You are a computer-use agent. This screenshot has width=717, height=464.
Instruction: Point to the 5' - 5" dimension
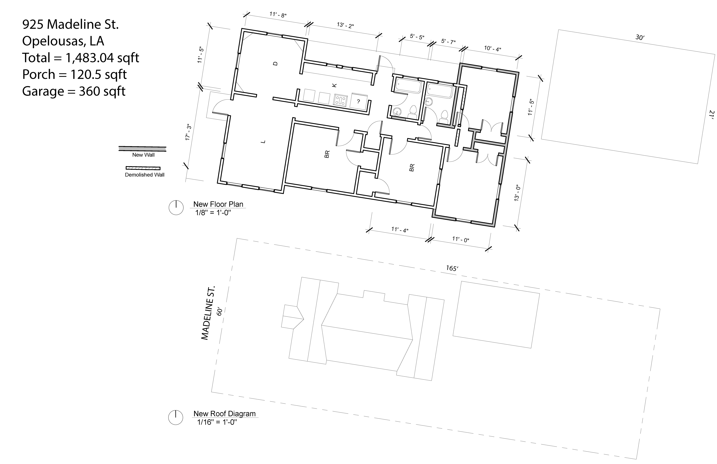point(417,37)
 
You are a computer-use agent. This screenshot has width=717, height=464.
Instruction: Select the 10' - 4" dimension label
point(493,49)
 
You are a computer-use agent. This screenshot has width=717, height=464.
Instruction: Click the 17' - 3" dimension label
point(188,132)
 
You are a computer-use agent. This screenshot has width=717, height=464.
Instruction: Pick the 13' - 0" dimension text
point(517,193)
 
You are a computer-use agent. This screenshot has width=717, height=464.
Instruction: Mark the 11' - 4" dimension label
point(400,230)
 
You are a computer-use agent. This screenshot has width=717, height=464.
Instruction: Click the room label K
point(334,85)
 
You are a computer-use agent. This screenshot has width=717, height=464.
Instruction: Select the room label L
point(263,142)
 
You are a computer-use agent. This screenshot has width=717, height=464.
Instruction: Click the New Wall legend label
point(143,155)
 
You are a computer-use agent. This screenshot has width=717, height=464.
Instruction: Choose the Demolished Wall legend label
point(145,175)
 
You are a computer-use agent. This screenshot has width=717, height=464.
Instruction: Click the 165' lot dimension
point(452,268)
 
